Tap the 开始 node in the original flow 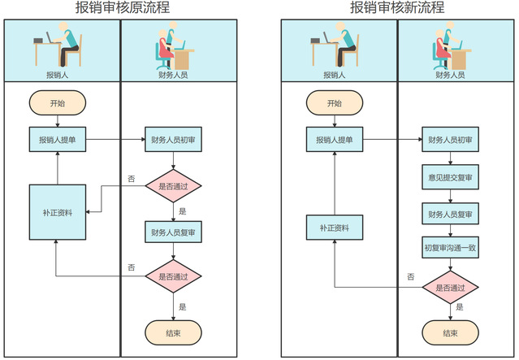point(58,103)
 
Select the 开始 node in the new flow point(334,103)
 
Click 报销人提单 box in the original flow point(58,140)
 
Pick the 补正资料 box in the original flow point(58,212)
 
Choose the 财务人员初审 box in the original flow point(172,140)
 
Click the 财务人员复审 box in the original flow point(172,232)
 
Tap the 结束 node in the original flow point(172,332)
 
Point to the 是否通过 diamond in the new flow point(449,288)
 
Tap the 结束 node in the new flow point(449,332)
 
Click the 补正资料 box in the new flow point(334,228)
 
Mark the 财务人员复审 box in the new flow point(449,214)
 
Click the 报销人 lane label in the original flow point(58,74)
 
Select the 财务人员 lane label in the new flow point(449,74)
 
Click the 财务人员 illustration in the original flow point(172,47)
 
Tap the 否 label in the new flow point(411,277)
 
